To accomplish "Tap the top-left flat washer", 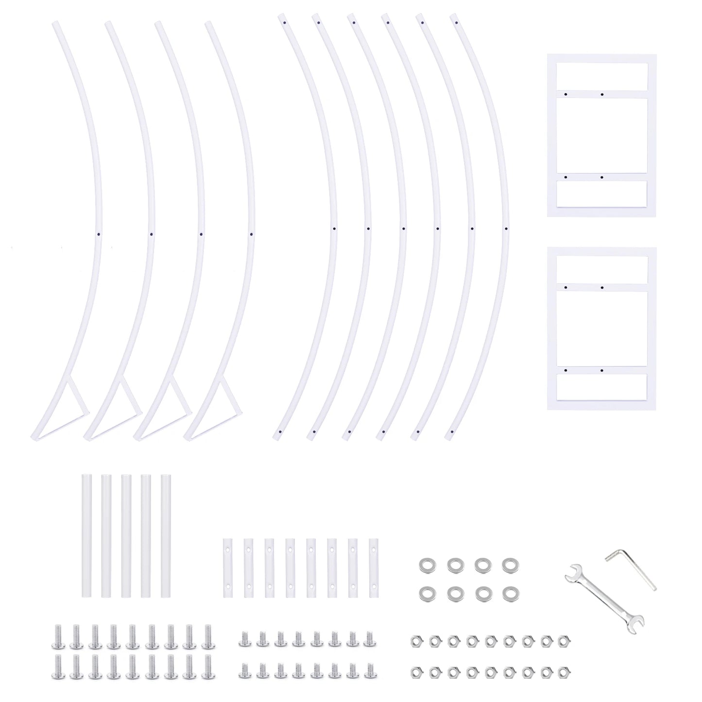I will [x=427, y=565].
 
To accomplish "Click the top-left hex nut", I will [x=416, y=640].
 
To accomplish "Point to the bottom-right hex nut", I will [x=563, y=672].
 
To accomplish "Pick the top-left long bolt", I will [x=57, y=637].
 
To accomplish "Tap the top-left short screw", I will [x=243, y=639].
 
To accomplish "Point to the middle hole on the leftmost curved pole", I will [x=99, y=234].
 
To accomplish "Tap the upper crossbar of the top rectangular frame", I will [x=601, y=94].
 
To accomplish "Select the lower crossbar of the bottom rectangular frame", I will [x=601, y=370].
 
